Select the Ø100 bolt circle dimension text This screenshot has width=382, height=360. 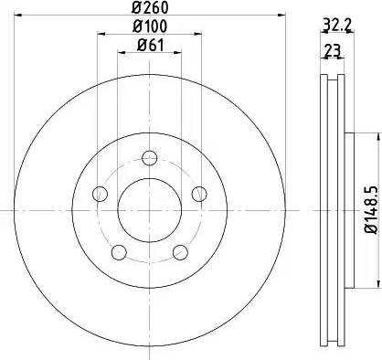click(x=151, y=27)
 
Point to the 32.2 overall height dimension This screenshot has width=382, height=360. click(x=334, y=26)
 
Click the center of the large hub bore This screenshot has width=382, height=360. click(x=148, y=209)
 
